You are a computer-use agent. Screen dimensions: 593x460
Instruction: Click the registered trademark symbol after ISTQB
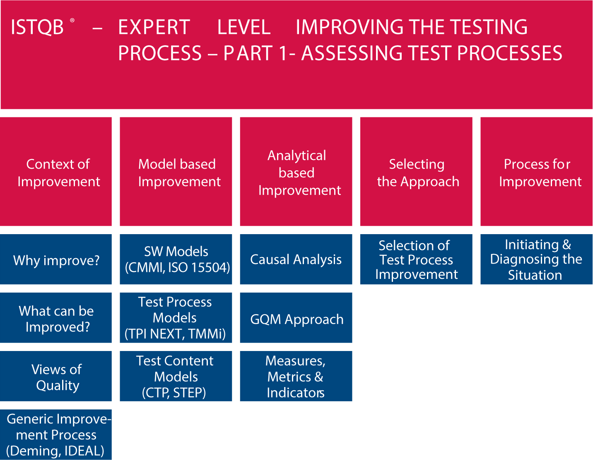point(72,20)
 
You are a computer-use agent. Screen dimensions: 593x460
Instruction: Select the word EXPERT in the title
point(154,27)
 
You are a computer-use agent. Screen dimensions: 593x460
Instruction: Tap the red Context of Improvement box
point(56,172)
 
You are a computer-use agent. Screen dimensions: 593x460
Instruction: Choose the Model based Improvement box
point(176,172)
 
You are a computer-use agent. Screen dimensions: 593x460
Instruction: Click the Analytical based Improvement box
point(296,172)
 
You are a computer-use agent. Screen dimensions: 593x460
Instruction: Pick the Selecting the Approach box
point(417,172)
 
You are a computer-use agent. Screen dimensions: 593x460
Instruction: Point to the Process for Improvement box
point(537,172)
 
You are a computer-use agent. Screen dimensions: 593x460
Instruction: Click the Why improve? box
point(56,259)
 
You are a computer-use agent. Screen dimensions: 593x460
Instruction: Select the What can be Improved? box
point(56,318)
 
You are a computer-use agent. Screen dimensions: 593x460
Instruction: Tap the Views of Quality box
point(56,376)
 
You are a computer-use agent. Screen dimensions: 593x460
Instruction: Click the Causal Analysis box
point(296,259)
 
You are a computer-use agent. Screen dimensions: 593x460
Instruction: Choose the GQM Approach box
point(296,318)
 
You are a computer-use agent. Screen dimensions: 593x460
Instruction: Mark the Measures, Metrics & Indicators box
point(296,376)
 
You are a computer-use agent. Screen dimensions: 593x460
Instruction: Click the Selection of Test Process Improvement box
point(417,259)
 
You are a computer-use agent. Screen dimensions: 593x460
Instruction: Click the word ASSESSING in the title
point(352,53)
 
